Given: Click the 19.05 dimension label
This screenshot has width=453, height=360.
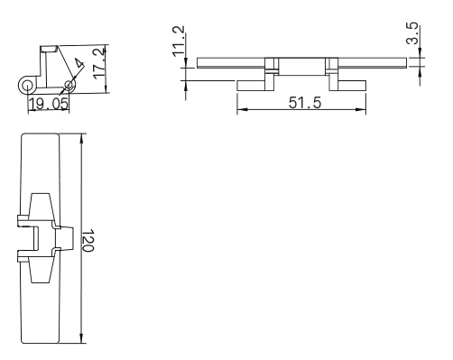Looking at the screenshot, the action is [49, 105].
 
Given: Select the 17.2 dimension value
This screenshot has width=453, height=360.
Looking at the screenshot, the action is [99, 63].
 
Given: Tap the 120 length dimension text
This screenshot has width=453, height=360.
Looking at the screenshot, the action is [88, 240].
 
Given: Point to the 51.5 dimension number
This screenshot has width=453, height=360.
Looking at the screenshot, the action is [305, 103].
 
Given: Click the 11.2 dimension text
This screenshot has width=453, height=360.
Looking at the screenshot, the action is [179, 42].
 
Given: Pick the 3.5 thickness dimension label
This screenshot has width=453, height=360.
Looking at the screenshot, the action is [411, 33].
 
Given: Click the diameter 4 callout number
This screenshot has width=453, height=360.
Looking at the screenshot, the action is [79, 64].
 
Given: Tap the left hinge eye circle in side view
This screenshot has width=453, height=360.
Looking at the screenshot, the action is [27, 86].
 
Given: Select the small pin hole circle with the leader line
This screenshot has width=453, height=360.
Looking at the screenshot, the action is [69, 85].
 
